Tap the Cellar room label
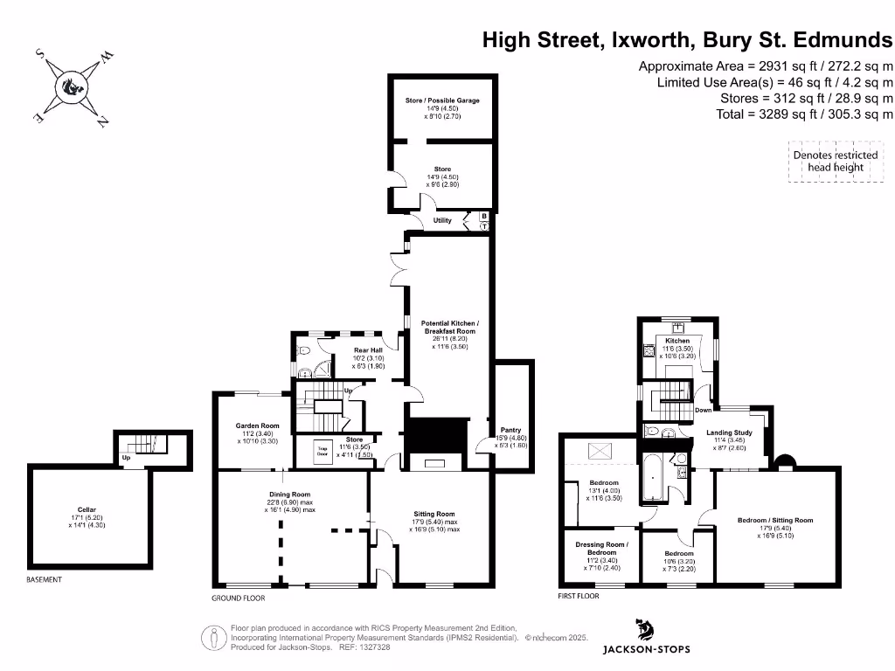pos(86,509)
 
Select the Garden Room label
pos(257,425)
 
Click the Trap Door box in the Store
pos(322,452)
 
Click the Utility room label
pos(442,220)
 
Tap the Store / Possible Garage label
pos(442,100)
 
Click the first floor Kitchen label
pos(677,341)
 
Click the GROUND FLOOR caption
pos(238,598)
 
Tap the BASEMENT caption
pos(45,579)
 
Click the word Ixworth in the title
pos(641,39)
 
